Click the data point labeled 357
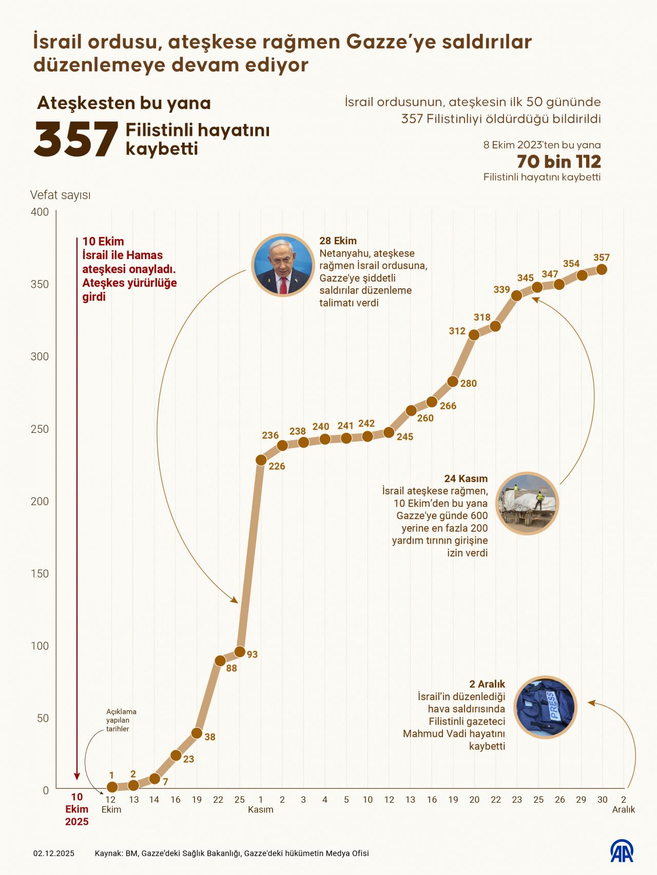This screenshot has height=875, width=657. click(602, 269)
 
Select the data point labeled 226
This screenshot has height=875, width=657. click(261, 460)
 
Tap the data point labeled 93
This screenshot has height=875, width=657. click(240, 652)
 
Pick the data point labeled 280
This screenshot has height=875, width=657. click(453, 382)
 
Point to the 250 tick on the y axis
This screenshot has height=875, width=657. click(40, 429)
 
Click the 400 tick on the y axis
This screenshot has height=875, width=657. click(40, 212)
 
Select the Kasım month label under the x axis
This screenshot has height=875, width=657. click(261, 809)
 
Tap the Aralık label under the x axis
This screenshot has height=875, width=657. click(624, 809)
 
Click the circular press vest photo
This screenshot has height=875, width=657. click(545, 707)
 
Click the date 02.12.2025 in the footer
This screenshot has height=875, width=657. click(54, 853)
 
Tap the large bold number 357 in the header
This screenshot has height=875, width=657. click(76, 139)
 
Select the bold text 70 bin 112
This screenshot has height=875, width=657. click(558, 162)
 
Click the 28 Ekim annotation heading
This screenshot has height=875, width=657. click(338, 241)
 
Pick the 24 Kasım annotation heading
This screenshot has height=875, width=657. click(466, 479)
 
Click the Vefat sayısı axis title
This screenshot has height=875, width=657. click(61, 195)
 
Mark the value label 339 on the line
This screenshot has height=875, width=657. click(501, 289)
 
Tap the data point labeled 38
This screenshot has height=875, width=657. click(197, 733)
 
